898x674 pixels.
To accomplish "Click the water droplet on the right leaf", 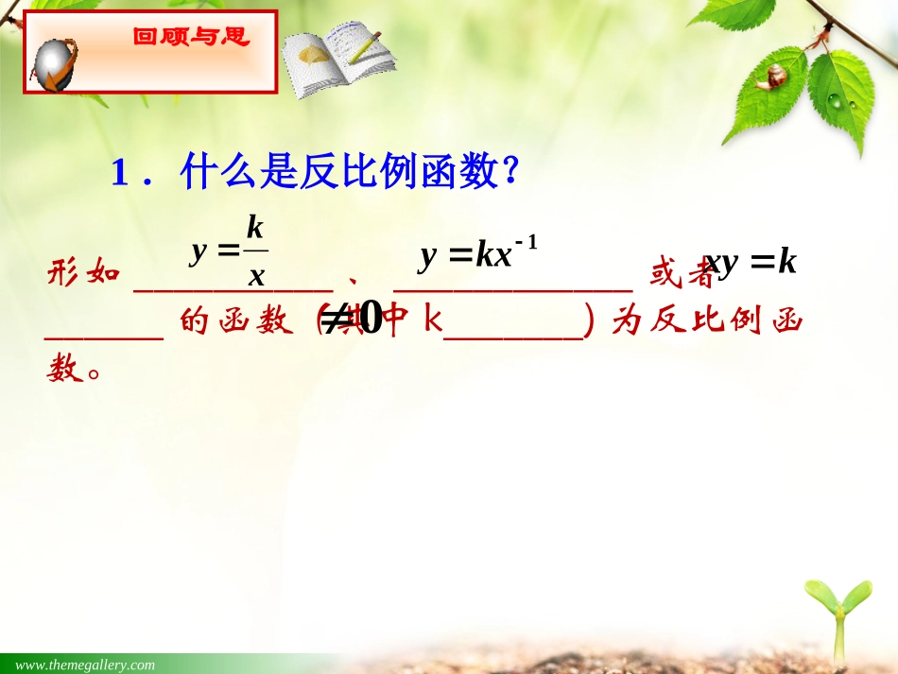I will point(836,99).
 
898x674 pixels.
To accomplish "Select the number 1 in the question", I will point(119,173).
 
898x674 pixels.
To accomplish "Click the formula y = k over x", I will point(231,251).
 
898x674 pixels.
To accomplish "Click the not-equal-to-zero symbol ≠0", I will point(352,320).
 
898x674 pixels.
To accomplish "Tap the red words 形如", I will point(83,274).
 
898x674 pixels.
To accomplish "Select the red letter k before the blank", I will point(432,321).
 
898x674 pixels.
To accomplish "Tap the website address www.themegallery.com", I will point(85,665).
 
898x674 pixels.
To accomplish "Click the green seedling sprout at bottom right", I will point(838,614).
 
